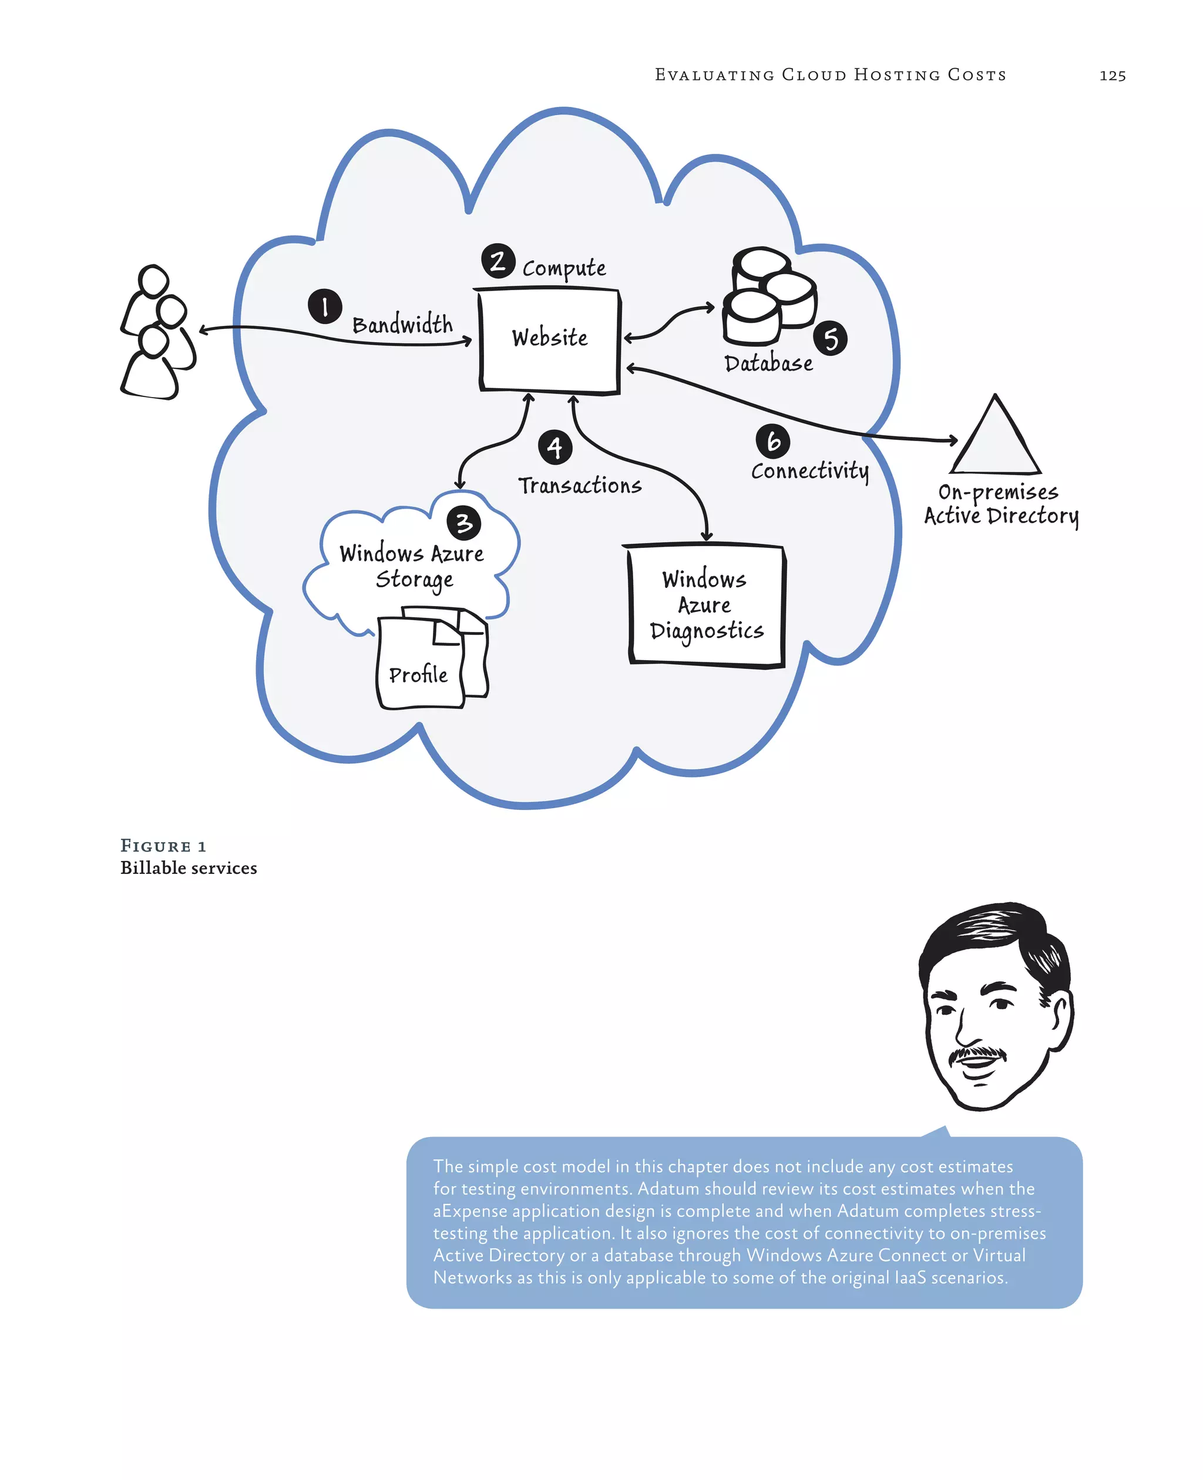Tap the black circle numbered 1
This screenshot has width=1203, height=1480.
pyautogui.click(x=325, y=306)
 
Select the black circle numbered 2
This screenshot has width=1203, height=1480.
pyautogui.click(x=498, y=261)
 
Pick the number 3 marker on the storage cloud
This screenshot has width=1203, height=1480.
pyautogui.click(x=463, y=523)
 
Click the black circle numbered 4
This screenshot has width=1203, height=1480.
pyautogui.click(x=555, y=448)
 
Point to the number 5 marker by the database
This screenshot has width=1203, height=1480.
pyautogui.click(x=830, y=339)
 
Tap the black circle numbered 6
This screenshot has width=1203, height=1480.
pyautogui.click(x=772, y=442)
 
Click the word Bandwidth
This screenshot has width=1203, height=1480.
pyautogui.click(x=402, y=324)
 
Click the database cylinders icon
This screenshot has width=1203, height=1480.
pyautogui.click(x=768, y=297)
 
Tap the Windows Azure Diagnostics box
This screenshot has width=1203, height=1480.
pyautogui.click(x=706, y=606)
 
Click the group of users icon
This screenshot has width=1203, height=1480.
pyautogui.click(x=158, y=332)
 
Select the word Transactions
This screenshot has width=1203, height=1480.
pyautogui.click(x=579, y=486)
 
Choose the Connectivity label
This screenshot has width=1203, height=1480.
pyautogui.click(x=809, y=471)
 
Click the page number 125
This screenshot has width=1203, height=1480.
pyautogui.click(x=1111, y=76)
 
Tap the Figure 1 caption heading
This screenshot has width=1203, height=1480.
pyautogui.click(x=163, y=846)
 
